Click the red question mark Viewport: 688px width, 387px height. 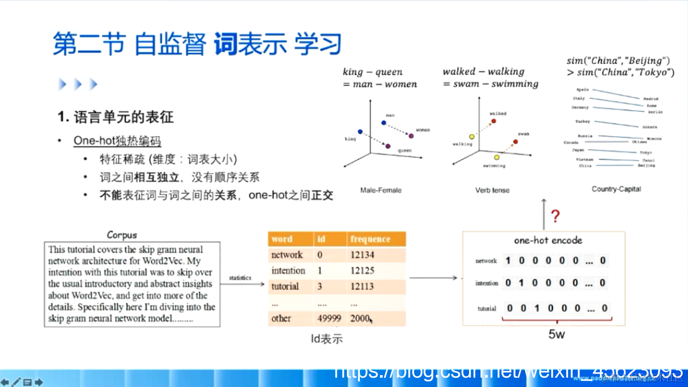[x=555, y=216]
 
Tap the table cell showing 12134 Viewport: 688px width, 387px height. [x=362, y=255]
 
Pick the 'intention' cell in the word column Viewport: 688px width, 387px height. [x=288, y=270]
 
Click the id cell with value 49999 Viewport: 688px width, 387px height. [x=329, y=318]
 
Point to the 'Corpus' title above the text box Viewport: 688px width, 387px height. [x=122, y=235]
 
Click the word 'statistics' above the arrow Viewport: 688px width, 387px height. [x=240, y=278]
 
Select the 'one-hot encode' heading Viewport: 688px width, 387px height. [x=548, y=240]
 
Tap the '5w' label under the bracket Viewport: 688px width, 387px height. [x=557, y=334]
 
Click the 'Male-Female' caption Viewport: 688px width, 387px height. [x=380, y=190]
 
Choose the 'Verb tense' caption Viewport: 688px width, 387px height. [x=492, y=190]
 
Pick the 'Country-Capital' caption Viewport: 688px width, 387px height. [x=616, y=189]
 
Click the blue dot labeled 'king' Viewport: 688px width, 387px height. [x=360, y=131]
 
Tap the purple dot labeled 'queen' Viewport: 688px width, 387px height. [x=388, y=146]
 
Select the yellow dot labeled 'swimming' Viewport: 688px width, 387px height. [x=496, y=157]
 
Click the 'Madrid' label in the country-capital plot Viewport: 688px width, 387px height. [x=650, y=98]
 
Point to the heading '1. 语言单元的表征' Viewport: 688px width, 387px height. [x=115, y=117]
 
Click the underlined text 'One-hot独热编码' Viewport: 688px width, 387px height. [x=117, y=141]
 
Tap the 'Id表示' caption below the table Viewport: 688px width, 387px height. [x=326, y=339]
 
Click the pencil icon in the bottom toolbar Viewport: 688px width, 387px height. [x=16, y=382]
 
